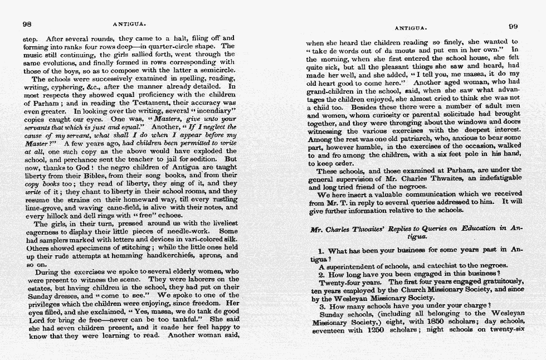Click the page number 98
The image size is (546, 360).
[x=26, y=24]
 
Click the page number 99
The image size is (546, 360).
[x=513, y=26]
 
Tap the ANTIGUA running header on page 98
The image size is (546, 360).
[x=129, y=25]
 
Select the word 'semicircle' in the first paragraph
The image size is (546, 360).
[x=217, y=70]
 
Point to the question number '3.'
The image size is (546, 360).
[x=322, y=306]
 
